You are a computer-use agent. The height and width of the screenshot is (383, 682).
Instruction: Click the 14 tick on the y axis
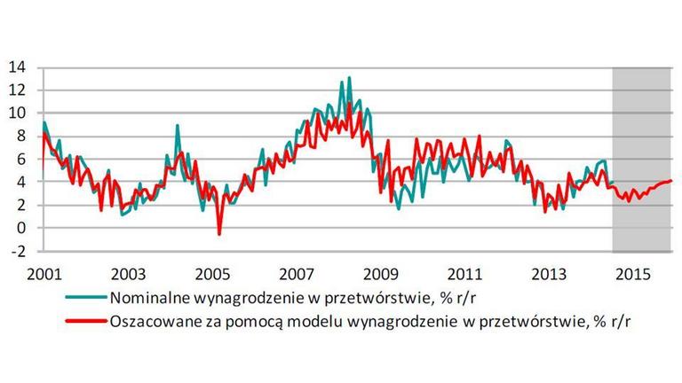pyautogui.click(x=18, y=66)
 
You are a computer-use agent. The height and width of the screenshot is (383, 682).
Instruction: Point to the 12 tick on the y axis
pyautogui.click(x=18, y=90)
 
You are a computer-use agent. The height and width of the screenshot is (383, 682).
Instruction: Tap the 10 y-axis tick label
pyautogui.click(x=18, y=113)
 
